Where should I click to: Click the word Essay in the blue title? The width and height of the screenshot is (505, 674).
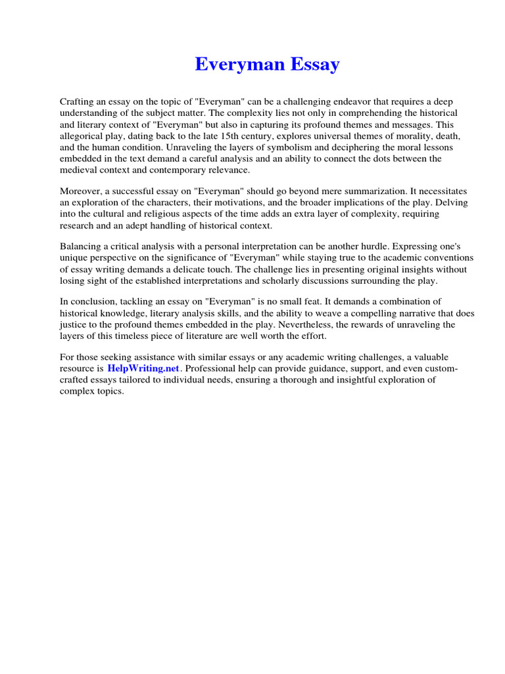coord(316,65)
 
